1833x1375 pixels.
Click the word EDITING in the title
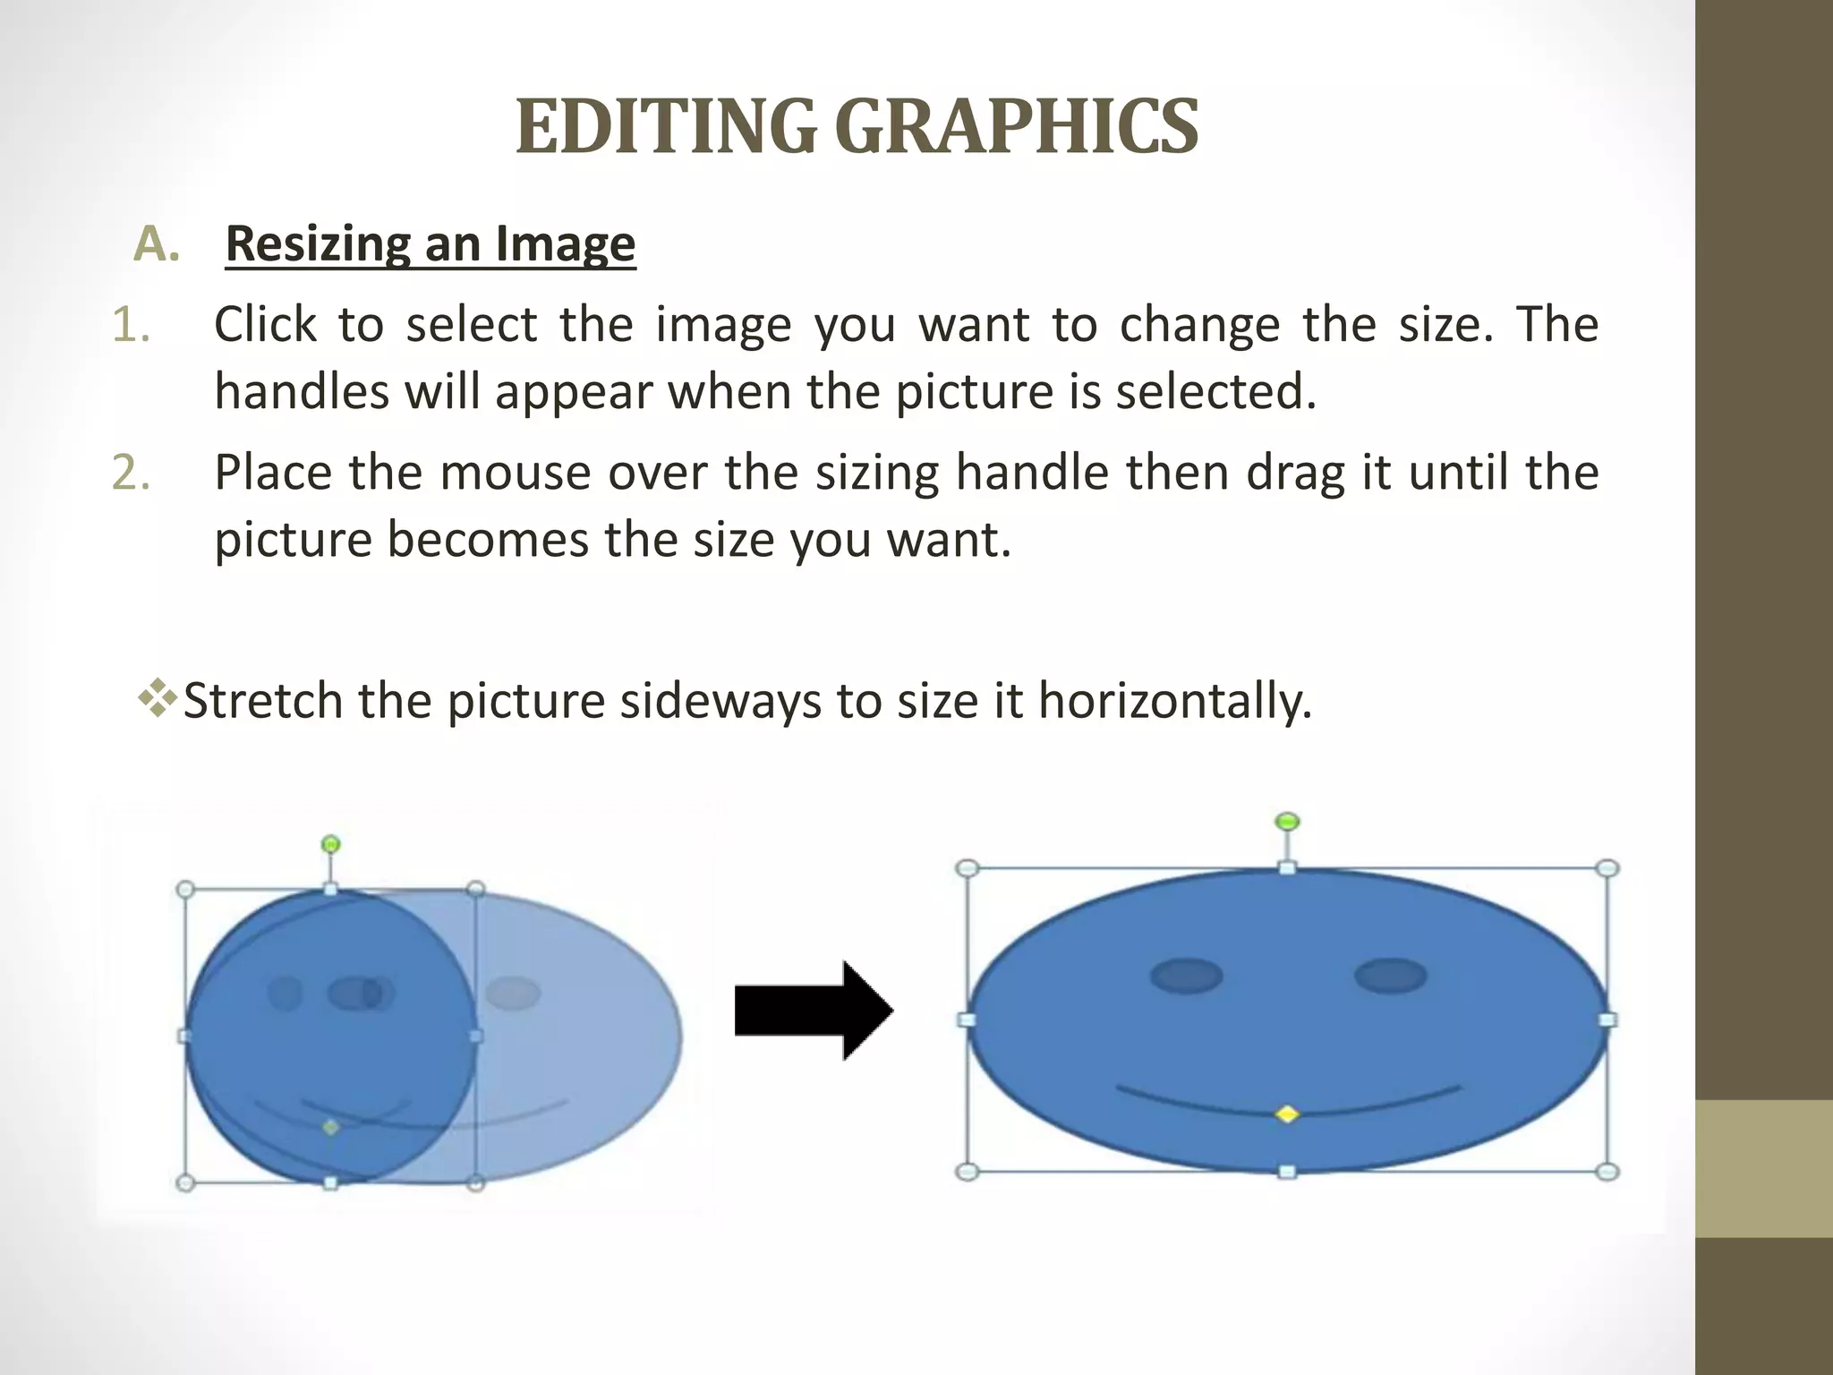(x=666, y=127)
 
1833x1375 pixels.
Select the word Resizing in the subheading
(x=317, y=243)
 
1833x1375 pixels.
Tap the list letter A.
(x=156, y=244)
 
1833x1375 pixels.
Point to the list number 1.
(x=131, y=325)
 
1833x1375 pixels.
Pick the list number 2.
(x=131, y=473)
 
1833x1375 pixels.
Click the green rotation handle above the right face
(x=1287, y=821)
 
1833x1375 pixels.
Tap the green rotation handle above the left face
(x=330, y=843)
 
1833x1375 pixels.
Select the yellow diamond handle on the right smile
(x=1287, y=1115)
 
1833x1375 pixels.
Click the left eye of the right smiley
(x=1186, y=976)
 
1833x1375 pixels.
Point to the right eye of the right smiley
(x=1390, y=976)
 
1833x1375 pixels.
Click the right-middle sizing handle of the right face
(x=1607, y=1020)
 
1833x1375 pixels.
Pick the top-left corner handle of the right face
(x=967, y=868)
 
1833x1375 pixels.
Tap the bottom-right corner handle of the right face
(x=1607, y=1171)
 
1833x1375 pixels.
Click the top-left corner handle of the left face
(x=185, y=890)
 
